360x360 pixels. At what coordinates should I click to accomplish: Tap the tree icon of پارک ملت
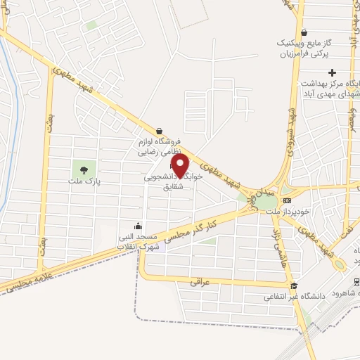point(84,169)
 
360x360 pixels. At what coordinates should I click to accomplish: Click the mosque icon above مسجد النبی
point(138,226)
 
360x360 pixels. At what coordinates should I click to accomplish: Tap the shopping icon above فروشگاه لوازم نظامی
point(160,130)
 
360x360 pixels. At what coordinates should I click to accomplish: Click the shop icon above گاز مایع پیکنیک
point(304,32)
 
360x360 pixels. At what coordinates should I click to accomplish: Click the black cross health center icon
point(333,72)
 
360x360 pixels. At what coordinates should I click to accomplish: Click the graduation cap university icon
point(295,287)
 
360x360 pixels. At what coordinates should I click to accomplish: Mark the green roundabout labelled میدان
point(266,202)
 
